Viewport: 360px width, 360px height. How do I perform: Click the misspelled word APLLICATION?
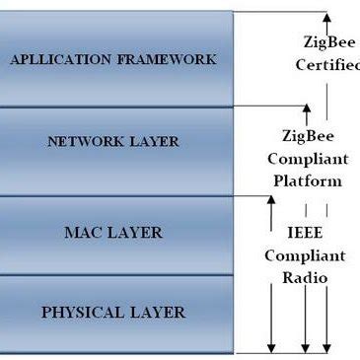pyautogui.click(x=56, y=59)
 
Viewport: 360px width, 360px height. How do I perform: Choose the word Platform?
pyautogui.click(x=307, y=180)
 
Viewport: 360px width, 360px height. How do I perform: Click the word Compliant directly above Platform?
pyautogui.click(x=307, y=159)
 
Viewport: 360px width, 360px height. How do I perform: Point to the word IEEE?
pyautogui.click(x=306, y=233)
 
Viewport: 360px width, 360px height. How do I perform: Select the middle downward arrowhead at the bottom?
pyautogui.click(x=307, y=344)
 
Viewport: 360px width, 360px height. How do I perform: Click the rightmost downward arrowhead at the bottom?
pyautogui.click(x=328, y=344)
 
